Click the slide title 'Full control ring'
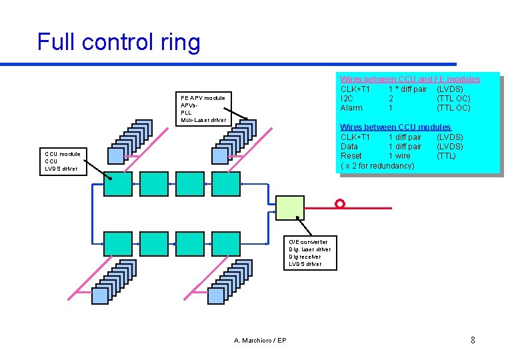click(118, 42)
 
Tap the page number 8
click(473, 341)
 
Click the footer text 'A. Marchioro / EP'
click(260, 341)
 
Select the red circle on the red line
click(340, 203)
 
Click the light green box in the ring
click(290, 207)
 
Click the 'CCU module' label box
click(62, 161)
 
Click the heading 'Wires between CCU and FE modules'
click(410, 79)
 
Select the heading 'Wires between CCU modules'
click(395, 127)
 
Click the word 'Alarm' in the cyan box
click(351, 108)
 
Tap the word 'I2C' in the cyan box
click(347, 99)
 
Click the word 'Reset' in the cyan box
click(351, 156)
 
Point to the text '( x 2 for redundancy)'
click(377, 165)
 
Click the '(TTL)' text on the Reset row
click(446, 156)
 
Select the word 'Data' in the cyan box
click(349, 147)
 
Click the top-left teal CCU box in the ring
click(118, 183)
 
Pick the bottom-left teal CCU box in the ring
click(118, 244)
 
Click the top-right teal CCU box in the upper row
click(225, 183)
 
